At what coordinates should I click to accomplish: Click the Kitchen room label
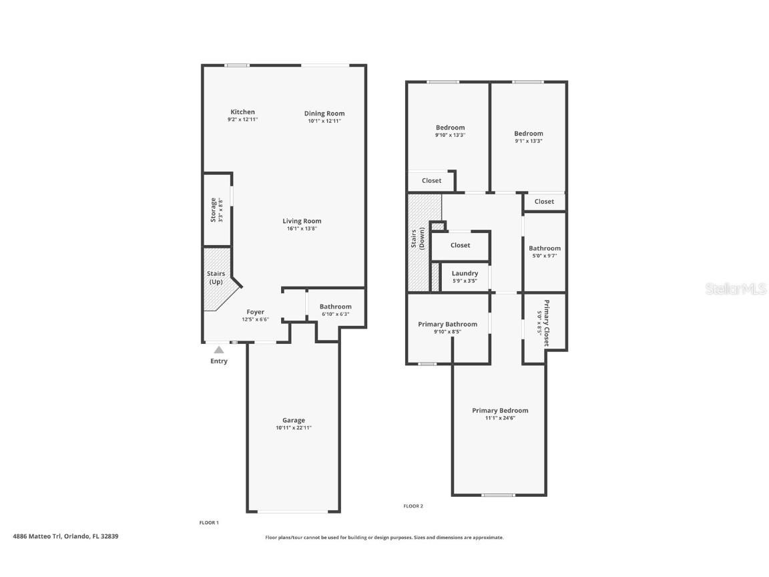[242, 112]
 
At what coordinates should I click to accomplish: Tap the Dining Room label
[324, 114]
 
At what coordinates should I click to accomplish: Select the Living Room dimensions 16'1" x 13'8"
[302, 229]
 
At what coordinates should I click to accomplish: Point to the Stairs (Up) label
[215, 278]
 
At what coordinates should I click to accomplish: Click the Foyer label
[255, 312]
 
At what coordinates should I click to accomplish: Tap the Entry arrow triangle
[219, 349]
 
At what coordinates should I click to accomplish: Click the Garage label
[293, 420]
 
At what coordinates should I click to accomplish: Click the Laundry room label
[465, 274]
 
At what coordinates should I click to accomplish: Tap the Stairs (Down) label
[417, 240]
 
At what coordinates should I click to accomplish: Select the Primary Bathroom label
[447, 325]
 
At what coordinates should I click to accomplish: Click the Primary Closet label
[545, 323]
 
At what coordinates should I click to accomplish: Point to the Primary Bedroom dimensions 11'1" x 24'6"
[500, 418]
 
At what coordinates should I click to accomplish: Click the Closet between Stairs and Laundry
[460, 245]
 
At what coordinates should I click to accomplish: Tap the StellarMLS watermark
[736, 288]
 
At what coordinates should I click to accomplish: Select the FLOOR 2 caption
[413, 506]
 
